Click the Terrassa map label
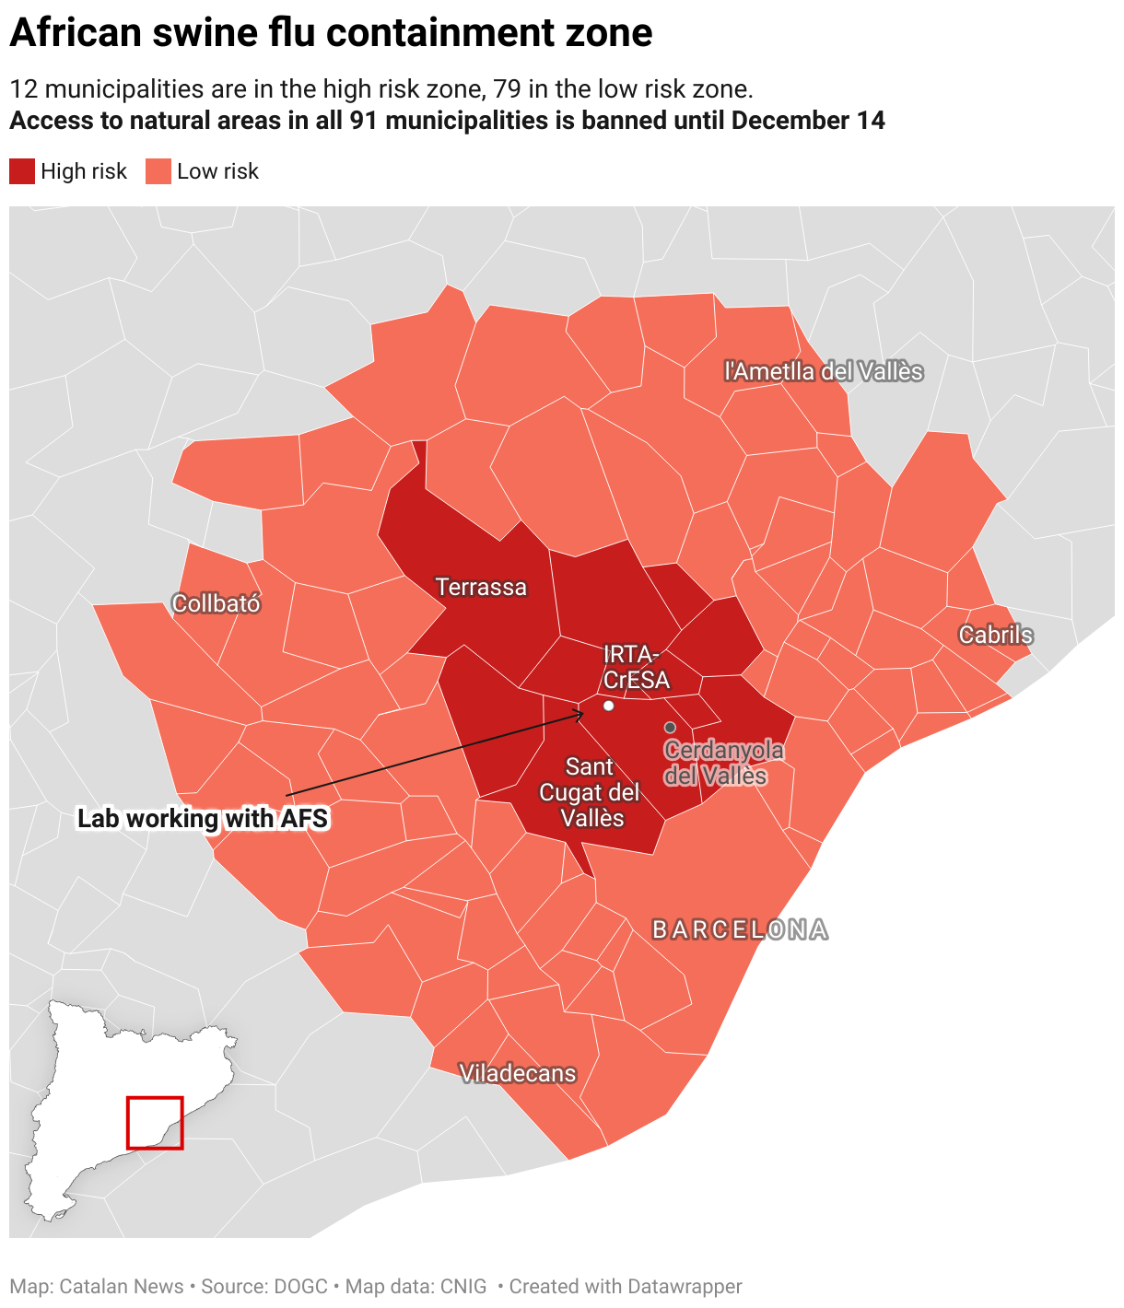click(481, 587)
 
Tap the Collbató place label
click(217, 603)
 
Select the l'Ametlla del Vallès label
click(823, 371)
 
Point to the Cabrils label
click(995, 635)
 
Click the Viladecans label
click(517, 1073)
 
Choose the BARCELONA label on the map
click(740, 929)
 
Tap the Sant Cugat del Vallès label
click(590, 792)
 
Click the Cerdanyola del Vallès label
click(724, 763)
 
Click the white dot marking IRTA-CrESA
click(608, 706)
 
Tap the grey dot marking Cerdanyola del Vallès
click(670, 728)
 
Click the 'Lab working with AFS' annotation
click(203, 818)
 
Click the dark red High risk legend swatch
click(22, 171)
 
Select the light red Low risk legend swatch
click(158, 171)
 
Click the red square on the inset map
click(155, 1122)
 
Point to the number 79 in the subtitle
click(507, 89)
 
